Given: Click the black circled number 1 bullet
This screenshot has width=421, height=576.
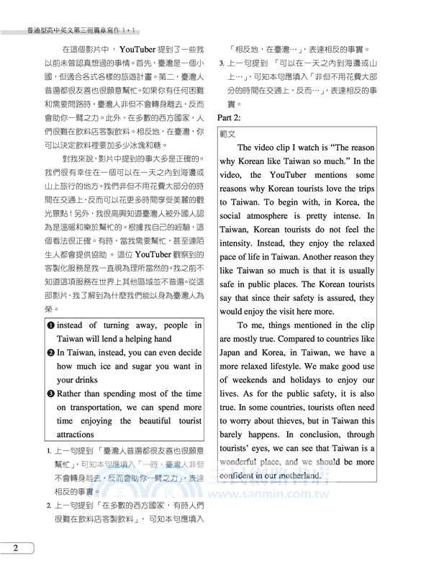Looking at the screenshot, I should click(x=50, y=325).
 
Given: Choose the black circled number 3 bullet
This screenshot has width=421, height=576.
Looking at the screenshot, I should click(x=50, y=394).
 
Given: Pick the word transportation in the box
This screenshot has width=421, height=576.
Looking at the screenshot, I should click(x=91, y=408).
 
